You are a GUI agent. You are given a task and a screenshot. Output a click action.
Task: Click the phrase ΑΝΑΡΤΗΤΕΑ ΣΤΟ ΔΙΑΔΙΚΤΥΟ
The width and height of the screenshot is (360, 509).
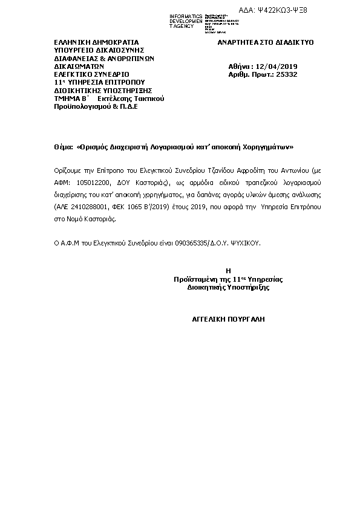tap(265, 44)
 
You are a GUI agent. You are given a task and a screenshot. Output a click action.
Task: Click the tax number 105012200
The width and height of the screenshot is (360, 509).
tap(84, 182)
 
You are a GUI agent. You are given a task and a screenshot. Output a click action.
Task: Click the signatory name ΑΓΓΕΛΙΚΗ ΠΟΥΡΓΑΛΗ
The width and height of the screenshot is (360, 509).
tap(228, 318)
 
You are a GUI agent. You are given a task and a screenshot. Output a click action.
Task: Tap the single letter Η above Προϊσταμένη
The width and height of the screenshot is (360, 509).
tap(228, 271)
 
